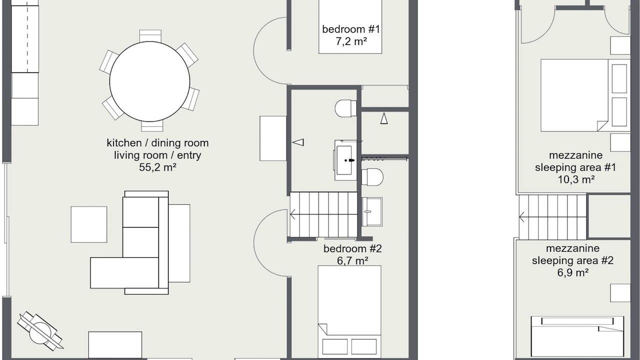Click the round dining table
click(x=149, y=81)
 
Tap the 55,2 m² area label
click(x=157, y=167)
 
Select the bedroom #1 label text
click(x=351, y=29)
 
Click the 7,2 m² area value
click(x=351, y=41)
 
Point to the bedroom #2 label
click(x=352, y=248)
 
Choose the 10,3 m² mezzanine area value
click(x=576, y=179)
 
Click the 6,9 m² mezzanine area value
click(x=572, y=272)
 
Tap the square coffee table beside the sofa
click(x=89, y=224)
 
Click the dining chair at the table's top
click(x=150, y=36)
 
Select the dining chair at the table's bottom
click(x=152, y=125)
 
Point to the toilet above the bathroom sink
click(x=345, y=108)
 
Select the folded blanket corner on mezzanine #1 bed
click(x=602, y=125)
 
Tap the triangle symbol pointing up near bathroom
click(x=384, y=118)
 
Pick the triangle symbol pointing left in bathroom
click(x=298, y=142)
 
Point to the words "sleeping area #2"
click(x=572, y=260)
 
